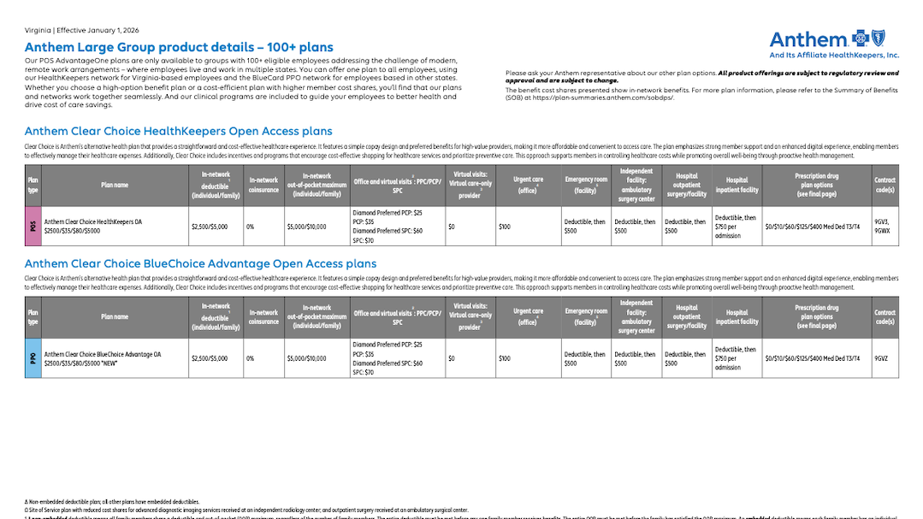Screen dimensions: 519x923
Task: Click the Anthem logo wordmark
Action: point(808,39)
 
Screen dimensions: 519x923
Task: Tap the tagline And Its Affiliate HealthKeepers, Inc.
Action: point(835,55)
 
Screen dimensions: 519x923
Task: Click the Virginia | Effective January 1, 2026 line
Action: point(82,30)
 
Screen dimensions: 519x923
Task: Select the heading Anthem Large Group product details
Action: point(179,47)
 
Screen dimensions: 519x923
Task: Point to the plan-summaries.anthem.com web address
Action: point(612,97)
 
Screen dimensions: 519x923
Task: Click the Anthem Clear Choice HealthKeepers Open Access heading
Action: point(178,132)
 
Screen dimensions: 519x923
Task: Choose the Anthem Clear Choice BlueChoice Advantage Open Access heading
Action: point(200,264)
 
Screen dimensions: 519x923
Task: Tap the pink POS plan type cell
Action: point(33,226)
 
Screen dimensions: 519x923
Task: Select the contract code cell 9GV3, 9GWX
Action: point(884,226)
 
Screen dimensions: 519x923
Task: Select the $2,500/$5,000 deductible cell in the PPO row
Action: point(210,358)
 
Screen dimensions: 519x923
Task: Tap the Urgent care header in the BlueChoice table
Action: point(528,316)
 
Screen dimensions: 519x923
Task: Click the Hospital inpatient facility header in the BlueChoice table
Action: point(737,316)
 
